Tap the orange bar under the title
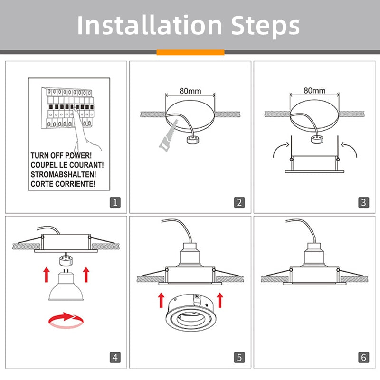pyautogui.click(x=190, y=52)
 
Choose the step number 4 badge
pyautogui.click(x=115, y=357)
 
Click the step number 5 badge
pyautogui.click(x=239, y=357)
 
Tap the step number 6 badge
pyautogui.click(x=363, y=357)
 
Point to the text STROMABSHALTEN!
pyautogui.click(x=65, y=174)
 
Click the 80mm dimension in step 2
pyautogui.click(x=190, y=90)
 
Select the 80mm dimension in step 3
pyautogui.click(x=314, y=90)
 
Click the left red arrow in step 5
pyautogui.click(x=161, y=300)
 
